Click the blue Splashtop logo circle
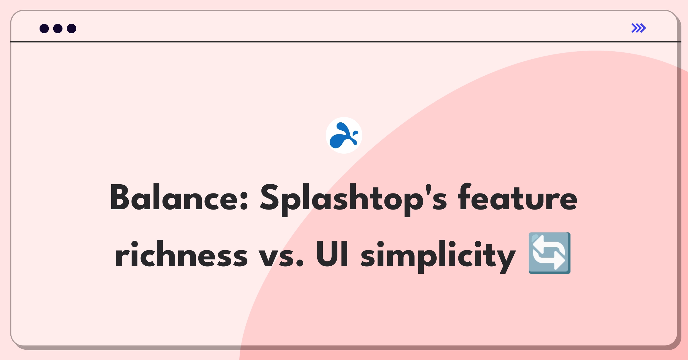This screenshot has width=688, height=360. pos(344,135)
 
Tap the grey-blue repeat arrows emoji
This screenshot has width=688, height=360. pos(550,253)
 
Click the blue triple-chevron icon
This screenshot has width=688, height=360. pos(639,28)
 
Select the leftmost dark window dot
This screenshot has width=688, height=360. pos(44,28)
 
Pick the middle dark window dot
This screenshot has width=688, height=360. pos(58,28)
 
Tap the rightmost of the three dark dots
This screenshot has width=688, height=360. pos(72,28)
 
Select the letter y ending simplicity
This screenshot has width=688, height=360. pos(506,258)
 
